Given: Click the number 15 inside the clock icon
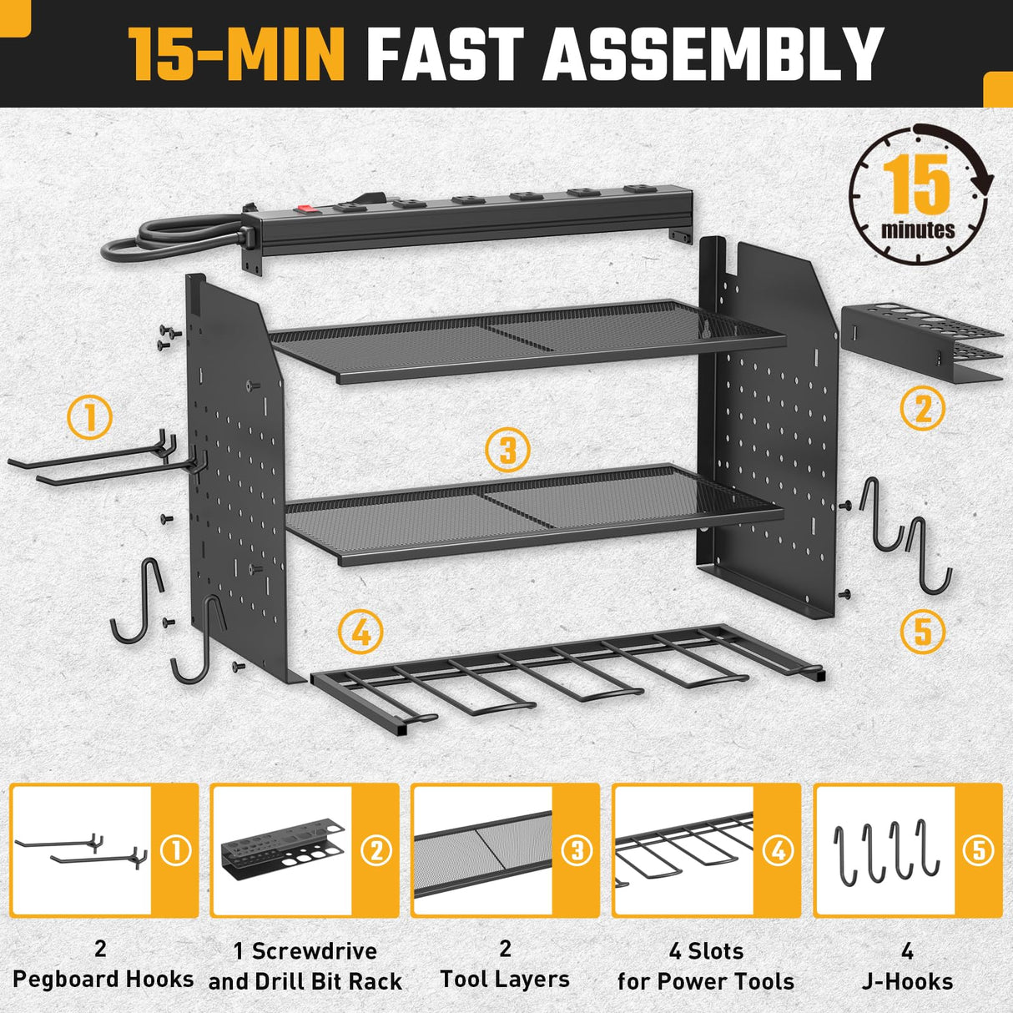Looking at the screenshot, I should [x=916, y=184].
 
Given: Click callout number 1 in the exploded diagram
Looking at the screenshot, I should [x=89, y=417].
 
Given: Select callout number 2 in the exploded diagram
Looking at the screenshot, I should [x=923, y=409].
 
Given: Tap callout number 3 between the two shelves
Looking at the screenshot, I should [x=507, y=451].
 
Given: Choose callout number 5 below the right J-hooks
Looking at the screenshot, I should [x=923, y=632].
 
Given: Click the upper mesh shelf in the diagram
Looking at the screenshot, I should [x=526, y=338].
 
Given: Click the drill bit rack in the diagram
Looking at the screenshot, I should [x=922, y=342].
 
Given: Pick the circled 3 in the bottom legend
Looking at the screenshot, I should [x=577, y=851].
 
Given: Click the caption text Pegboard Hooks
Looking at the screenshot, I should [x=103, y=979].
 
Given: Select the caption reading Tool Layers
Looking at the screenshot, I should [x=505, y=980].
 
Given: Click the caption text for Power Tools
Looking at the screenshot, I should [x=706, y=981].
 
